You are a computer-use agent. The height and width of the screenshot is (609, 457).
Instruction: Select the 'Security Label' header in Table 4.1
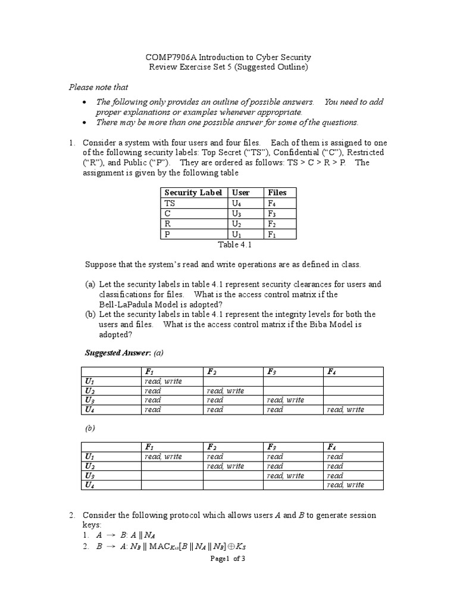(193, 192)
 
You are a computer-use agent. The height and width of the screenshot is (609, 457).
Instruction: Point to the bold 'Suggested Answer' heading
(118, 353)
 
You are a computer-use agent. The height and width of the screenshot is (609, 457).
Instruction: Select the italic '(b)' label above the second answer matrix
(91, 428)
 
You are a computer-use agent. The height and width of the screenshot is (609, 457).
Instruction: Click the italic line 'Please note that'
(98, 87)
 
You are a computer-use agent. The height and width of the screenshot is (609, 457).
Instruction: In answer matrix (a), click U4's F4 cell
(346, 410)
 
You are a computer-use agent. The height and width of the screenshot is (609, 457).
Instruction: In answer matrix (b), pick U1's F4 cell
(335, 457)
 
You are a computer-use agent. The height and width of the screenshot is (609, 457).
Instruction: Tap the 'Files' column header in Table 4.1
(277, 192)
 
